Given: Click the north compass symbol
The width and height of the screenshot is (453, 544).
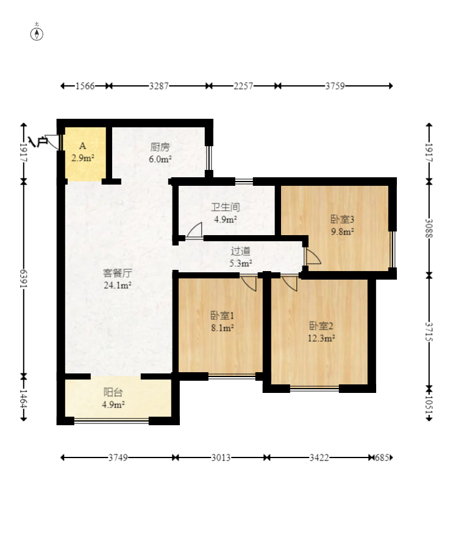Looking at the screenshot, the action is point(37,34).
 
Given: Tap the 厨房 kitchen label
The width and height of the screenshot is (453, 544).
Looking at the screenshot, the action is point(160,147).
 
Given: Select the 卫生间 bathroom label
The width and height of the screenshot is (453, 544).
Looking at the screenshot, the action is point(226,207).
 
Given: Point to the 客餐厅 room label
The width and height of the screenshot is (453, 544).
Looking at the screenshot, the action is point(117,273).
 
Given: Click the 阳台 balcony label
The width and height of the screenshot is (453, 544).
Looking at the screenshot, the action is point(113,392).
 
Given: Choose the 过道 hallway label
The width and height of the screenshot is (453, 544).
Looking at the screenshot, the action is point(241,251).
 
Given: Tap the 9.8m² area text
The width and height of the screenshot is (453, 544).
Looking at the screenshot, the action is point(342,231).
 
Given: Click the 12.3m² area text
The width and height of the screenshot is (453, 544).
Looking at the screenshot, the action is point(321,338).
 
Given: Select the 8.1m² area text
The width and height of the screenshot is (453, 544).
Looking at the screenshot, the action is point(222,328).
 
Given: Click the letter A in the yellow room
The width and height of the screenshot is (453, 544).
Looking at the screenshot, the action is point(82,146).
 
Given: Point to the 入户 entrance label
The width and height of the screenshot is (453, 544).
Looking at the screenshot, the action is point(38,141).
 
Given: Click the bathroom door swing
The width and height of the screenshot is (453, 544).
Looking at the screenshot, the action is point(194,231).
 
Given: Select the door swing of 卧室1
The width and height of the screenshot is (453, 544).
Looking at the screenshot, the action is point(249,283).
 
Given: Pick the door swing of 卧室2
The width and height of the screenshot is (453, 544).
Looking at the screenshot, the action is point(290,283).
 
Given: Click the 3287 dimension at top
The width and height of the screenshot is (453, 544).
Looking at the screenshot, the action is point(159,86).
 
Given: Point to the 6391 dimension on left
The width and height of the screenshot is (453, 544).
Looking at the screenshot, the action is point(23,278).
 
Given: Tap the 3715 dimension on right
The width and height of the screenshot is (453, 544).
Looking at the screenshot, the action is point(429,331).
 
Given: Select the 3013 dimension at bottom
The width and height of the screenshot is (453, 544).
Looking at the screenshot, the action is point(221,457).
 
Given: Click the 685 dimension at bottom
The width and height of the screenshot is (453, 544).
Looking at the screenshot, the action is point(382,457).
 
